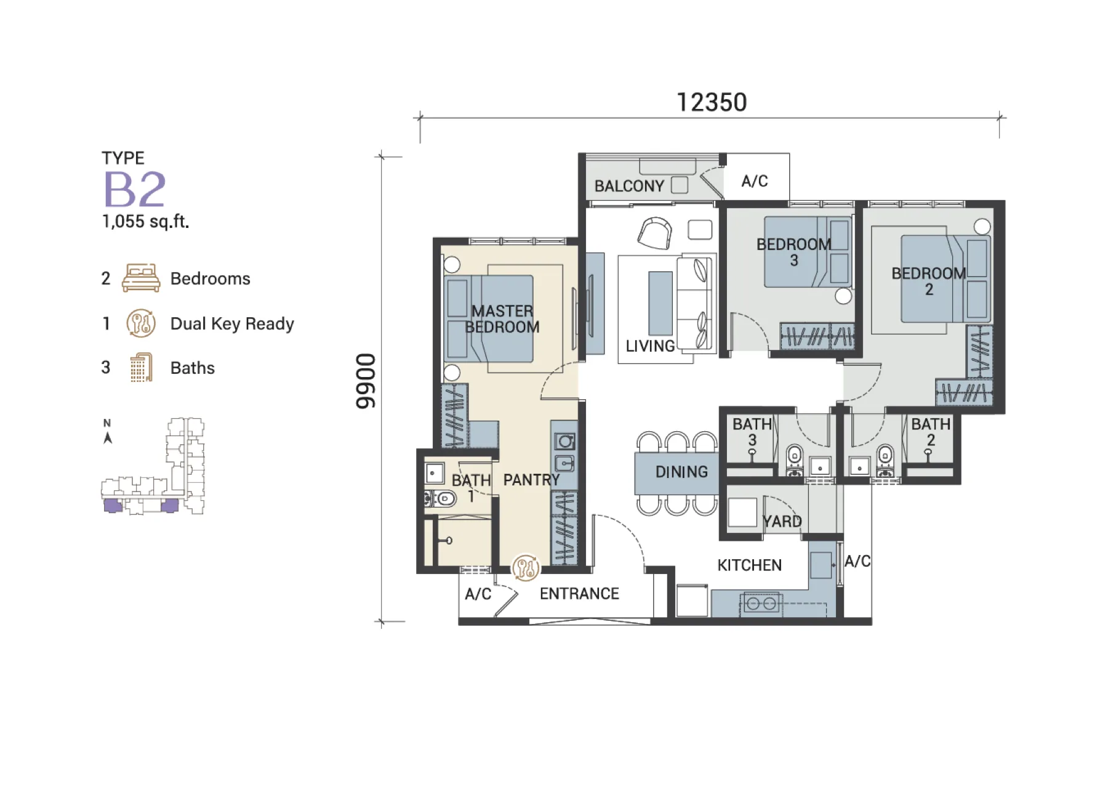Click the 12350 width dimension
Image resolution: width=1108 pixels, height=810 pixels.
712,102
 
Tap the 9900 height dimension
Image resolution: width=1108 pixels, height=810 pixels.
366,381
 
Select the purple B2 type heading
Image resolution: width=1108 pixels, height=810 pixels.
135,189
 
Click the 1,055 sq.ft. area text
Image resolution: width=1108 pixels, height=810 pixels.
145,221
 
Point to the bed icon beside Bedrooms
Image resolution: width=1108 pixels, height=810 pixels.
141,278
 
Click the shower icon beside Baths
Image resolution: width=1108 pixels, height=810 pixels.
142,368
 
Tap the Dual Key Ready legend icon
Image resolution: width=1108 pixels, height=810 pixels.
141,323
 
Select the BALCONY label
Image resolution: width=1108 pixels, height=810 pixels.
629,186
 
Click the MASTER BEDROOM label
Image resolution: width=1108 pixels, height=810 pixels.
502,319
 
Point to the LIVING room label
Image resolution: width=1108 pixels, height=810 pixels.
650,346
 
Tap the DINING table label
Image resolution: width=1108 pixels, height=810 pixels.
681,472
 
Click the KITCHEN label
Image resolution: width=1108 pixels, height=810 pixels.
749,565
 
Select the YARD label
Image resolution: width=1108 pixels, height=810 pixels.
782,522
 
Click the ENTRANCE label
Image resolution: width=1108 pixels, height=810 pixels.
579,594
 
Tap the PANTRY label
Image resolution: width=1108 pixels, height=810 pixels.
531,480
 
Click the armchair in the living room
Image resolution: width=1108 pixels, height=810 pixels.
654,233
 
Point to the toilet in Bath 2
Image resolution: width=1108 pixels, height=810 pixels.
885,461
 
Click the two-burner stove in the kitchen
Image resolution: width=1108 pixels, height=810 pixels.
761,604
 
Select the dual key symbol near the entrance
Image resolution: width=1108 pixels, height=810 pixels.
526,567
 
